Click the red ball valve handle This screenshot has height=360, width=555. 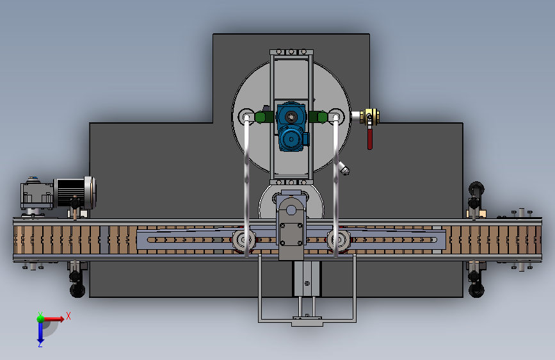[370, 138]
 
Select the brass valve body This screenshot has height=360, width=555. [369, 117]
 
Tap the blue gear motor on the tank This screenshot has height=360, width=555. [292, 126]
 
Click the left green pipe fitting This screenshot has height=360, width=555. [261, 117]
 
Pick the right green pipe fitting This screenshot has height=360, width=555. [321, 117]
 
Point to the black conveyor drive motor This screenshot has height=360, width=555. [71, 192]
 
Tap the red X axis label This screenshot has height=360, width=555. [68, 316]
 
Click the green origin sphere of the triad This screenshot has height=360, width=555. [40, 318]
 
